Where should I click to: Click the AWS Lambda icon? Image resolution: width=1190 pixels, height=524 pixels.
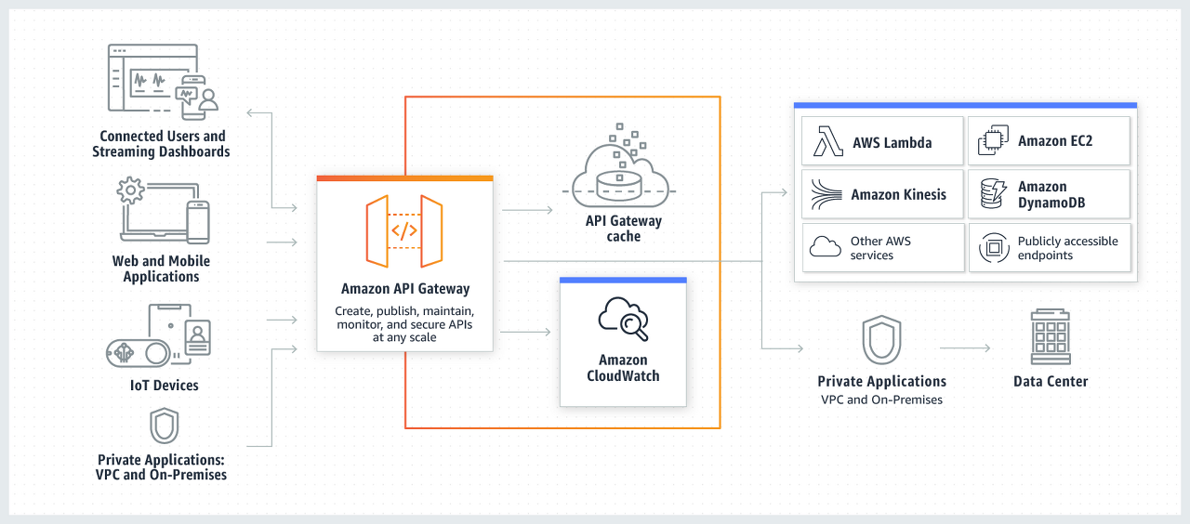tap(827, 141)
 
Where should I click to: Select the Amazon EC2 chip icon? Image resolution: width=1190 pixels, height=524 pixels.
tap(993, 141)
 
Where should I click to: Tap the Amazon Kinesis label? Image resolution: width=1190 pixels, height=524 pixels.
tap(898, 194)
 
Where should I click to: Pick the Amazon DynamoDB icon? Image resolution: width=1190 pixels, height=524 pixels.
tap(993, 194)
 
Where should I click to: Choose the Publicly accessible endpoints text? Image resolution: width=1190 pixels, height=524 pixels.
tap(1067, 248)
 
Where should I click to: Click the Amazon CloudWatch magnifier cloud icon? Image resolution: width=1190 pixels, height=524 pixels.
tap(623, 319)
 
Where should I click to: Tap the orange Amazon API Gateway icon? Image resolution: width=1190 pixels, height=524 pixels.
tap(404, 231)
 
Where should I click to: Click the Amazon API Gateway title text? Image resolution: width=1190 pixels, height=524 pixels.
tap(405, 289)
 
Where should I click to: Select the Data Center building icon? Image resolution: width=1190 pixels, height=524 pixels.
tap(1051, 337)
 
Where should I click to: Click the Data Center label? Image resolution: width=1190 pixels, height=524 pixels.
tap(1051, 381)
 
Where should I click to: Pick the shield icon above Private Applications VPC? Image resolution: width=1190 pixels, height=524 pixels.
tap(880, 340)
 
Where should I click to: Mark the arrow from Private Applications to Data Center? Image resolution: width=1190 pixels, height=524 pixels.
tap(965, 348)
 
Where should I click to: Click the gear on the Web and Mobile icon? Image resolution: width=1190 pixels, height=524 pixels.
tap(130, 190)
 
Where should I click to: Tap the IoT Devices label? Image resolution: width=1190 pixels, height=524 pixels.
tap(164, 385)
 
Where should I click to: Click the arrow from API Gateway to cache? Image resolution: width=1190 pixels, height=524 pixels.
tap(527, 210)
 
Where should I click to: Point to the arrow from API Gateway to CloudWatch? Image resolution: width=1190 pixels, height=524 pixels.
tap(527, 331)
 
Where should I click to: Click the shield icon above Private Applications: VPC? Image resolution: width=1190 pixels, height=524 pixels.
tap(164, 426)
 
